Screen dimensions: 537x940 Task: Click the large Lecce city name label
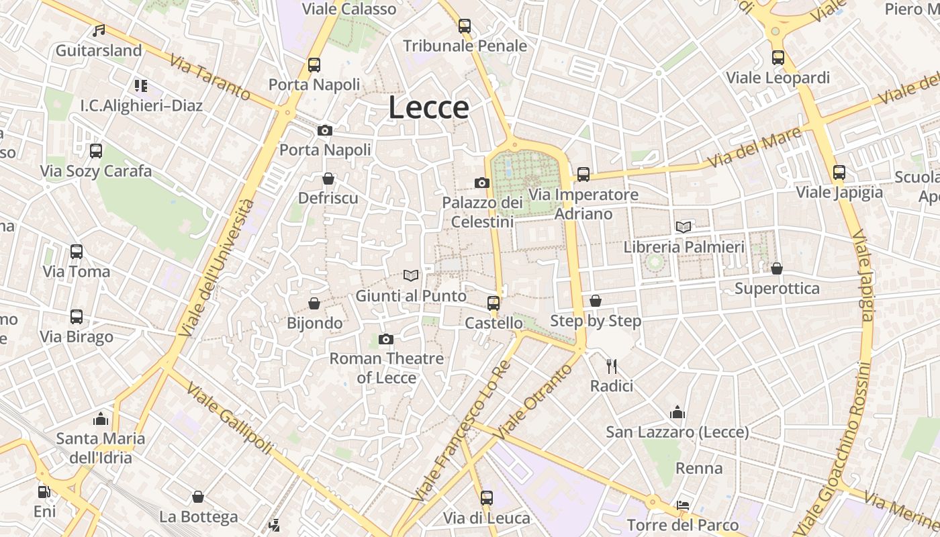(428, 107)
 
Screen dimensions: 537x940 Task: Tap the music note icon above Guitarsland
(99, 30)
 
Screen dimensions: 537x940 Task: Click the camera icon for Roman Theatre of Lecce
(385, 339)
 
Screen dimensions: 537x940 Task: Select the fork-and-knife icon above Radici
(611, 366)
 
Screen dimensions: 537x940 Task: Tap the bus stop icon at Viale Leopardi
(778, 58)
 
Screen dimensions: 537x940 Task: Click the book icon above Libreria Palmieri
(684, 227)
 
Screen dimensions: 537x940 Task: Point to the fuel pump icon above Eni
(44, 491)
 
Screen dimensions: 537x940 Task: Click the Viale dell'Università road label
(217, 267)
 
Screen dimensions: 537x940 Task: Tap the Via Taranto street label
(209, 78)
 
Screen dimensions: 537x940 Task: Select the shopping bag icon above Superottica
(777, 268)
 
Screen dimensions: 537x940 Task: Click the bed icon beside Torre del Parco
(683, 505)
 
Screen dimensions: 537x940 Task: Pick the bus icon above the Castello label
(493, 303)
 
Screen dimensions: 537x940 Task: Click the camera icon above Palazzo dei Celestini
(481, 183)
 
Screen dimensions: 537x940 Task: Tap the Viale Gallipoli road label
(230, 418)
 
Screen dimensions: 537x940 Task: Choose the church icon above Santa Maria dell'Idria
(101, 419)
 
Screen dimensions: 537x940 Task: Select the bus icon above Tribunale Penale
(464, 26)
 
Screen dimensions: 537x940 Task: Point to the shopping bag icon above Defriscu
(328, 179)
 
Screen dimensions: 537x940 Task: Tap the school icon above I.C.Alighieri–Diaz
(140, 85)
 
